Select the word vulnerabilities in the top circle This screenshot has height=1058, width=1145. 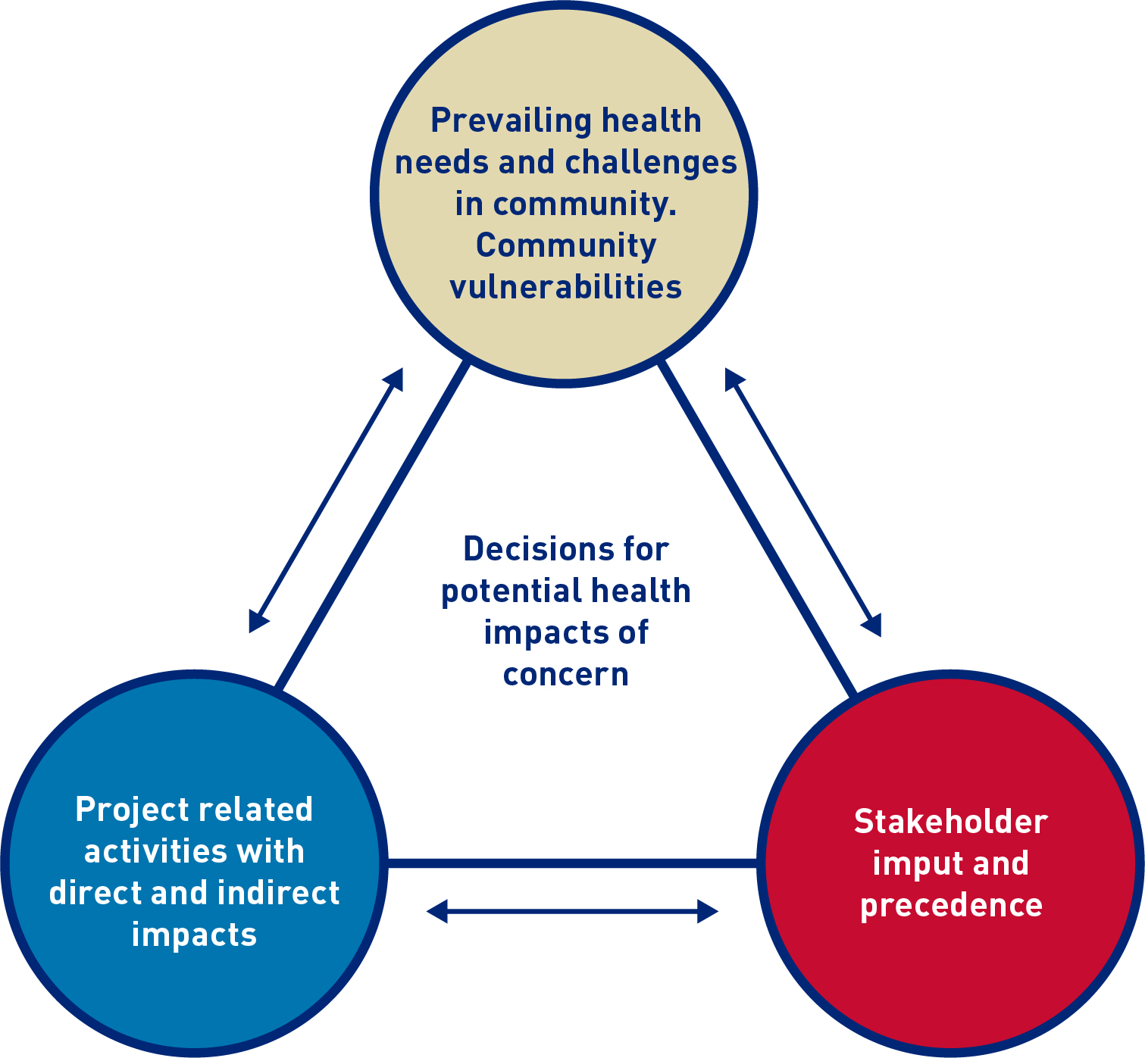pos(565,288)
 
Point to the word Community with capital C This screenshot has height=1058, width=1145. pos(565,246)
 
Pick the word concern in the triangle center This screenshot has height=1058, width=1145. pos(565,674)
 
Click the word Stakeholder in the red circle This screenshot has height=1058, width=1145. pos(950,822)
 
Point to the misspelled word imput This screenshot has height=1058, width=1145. pos(907,864)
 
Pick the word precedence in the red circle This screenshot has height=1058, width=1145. pos(950,905)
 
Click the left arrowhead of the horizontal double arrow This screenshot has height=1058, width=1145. pos(436,911)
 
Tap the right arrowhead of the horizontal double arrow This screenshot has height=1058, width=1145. pos(709,911)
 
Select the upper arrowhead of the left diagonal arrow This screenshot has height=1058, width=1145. pos(395,378)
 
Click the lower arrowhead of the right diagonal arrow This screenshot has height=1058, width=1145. pos(873,626)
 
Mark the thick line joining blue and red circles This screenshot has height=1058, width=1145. pos(572,863)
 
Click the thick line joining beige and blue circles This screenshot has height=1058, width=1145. pos(371,527)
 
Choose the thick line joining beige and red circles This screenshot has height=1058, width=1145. pos(758,527)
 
